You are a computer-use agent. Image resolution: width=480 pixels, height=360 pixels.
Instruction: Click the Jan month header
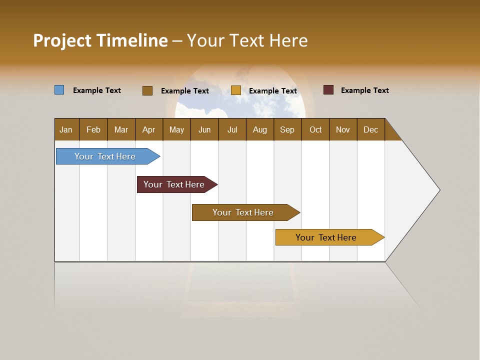tap(66, 129)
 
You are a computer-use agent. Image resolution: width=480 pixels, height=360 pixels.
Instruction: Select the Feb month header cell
tap(93, 129)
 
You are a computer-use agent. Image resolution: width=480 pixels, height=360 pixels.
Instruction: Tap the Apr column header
tap(149, 129)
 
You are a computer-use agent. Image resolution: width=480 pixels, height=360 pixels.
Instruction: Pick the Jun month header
tap(204, 129)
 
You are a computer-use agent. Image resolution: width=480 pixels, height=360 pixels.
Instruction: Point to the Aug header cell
tap(260, 129)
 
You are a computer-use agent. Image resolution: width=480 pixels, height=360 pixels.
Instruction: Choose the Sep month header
tap(287, 129)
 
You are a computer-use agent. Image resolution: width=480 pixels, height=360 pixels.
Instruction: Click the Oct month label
tap(315, 129)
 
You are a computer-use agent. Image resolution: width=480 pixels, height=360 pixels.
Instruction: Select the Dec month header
tap(371, 129)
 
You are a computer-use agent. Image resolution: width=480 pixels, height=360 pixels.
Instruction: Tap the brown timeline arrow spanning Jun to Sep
tap(243, 212)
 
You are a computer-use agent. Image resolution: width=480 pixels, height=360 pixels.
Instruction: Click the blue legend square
tap(59, 90)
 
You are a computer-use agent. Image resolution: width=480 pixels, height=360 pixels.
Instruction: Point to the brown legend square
tap(147, 90)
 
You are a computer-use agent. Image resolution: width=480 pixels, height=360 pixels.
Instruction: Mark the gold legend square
tap(236, 90)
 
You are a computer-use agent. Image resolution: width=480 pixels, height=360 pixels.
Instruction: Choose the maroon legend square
tap(328, 90)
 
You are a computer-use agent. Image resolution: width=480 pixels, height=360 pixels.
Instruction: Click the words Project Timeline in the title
tap(100, 40)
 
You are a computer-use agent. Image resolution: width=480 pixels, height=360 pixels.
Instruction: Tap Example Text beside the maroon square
tap(364, 90)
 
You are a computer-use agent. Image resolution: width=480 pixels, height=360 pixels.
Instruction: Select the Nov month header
tap(343, 129)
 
